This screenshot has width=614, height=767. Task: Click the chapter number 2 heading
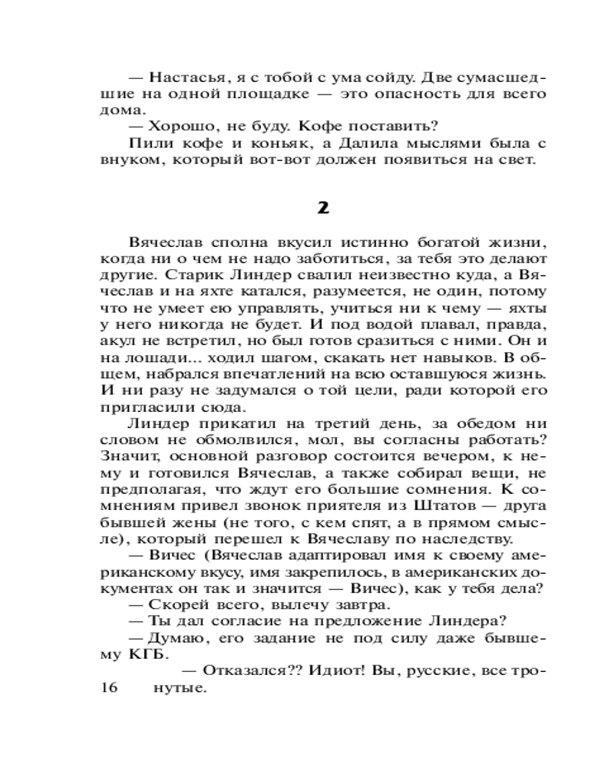(323, 208)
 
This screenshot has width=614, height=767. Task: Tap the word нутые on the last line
(180, 688)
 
